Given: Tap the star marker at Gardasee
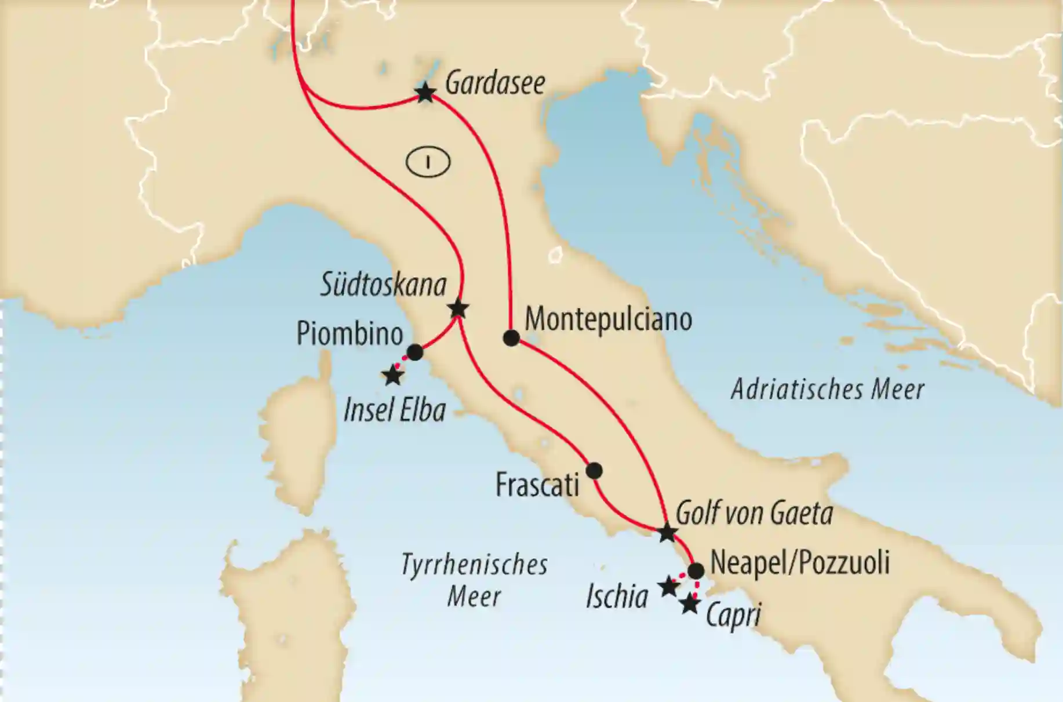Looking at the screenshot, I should click(425, 93).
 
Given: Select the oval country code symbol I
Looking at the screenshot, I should click(428, 163).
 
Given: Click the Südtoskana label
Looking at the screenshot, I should click(384, 285).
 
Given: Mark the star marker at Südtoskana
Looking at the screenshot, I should click(458, 308).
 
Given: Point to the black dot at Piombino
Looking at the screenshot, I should click(415, 352).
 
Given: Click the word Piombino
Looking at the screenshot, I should click(350, 334).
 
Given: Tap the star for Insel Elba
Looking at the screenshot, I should click(393, 376).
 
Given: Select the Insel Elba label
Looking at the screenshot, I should click(395, 410).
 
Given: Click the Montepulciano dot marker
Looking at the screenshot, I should click(511, 338).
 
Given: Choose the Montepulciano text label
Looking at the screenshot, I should click(608, 320).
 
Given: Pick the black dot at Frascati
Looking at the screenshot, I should click(594, 470).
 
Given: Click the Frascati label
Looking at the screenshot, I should click(537, 485).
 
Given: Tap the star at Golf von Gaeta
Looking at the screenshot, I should click(667, 532).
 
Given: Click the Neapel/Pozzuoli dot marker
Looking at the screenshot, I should click(696, 570).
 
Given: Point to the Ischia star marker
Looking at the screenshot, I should click(668, 587).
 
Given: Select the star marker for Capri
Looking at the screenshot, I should click(689, 605).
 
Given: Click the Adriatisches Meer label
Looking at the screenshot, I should click(827, 390).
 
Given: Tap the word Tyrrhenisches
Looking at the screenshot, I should click(474, 565).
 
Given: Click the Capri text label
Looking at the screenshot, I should click(733, 616).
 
